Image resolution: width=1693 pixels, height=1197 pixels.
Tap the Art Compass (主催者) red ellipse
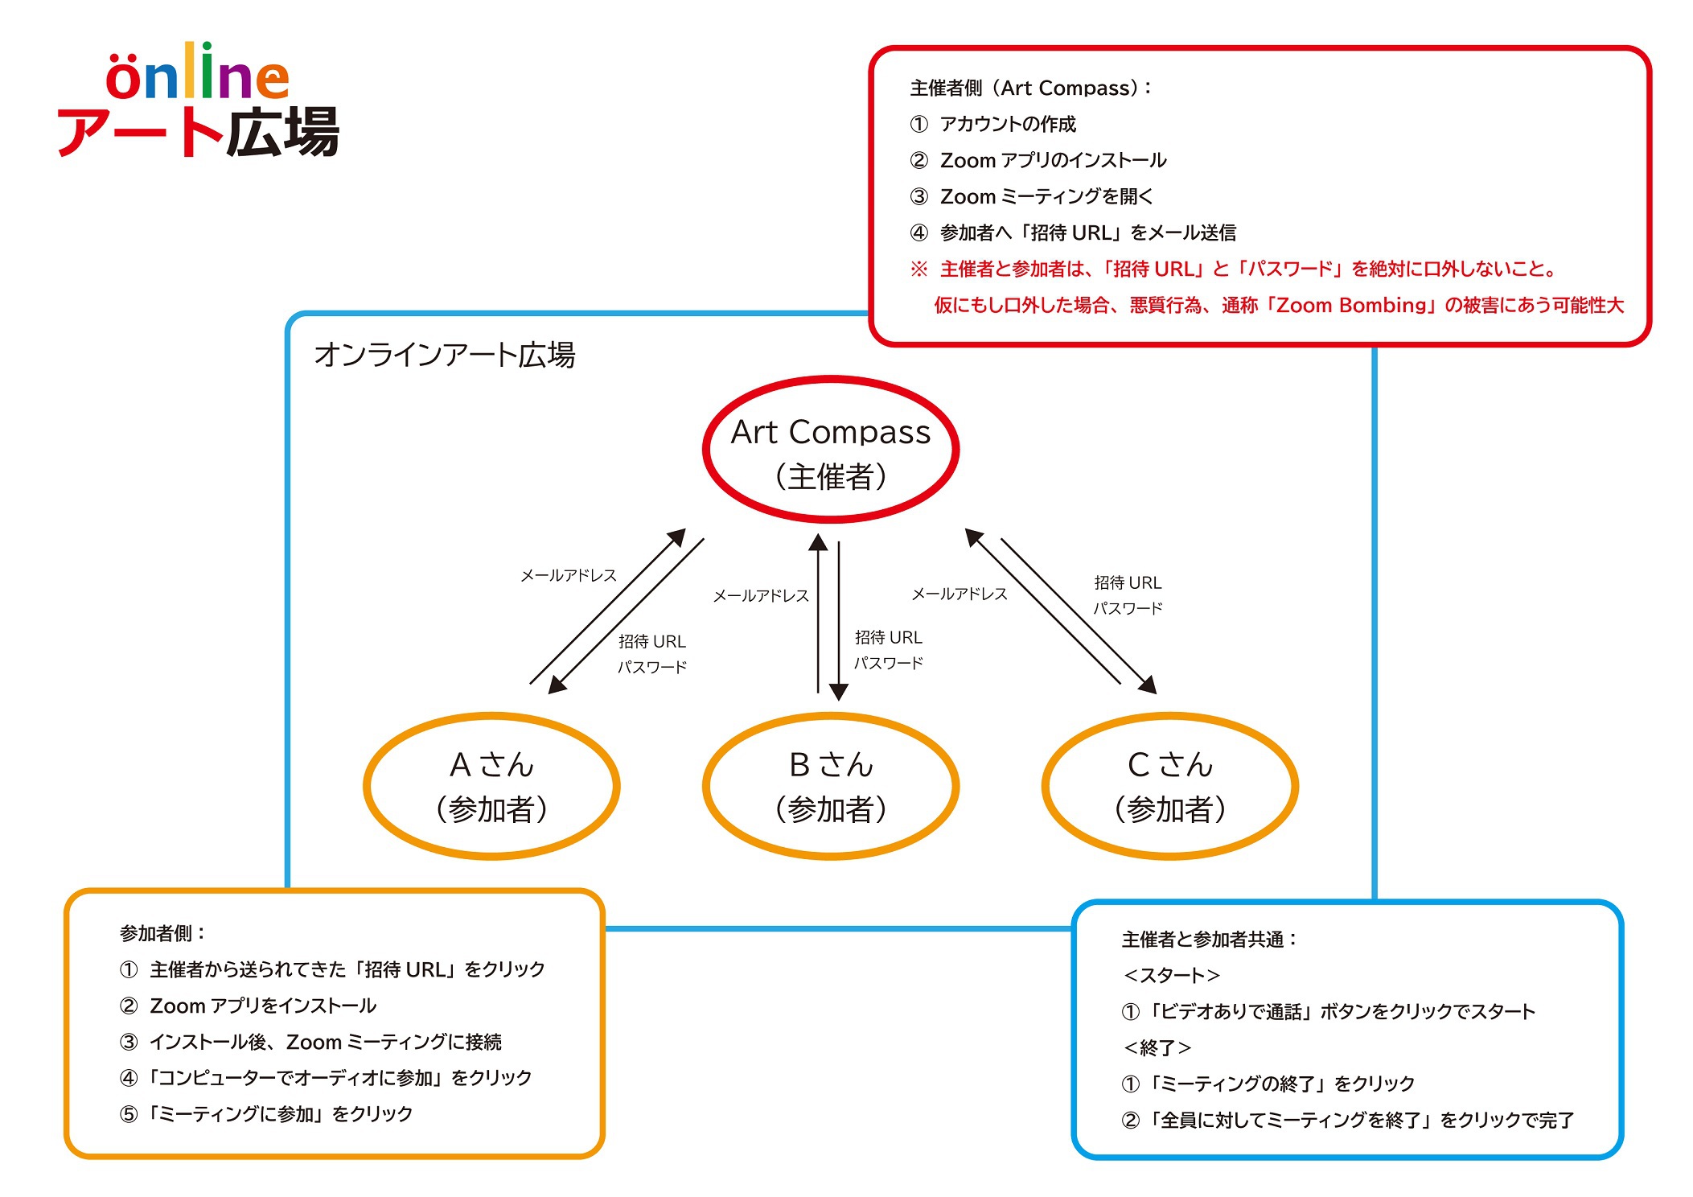pyautogui.click(x=831, y=380)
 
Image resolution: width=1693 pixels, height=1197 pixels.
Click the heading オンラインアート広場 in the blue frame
pyautogui.click(x=445, y=355)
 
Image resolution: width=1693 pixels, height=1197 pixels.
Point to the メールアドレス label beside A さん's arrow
pyautogui.click(x=569, y=575)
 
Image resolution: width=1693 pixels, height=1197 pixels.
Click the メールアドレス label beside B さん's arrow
pyautogui.click(x=761, y=595)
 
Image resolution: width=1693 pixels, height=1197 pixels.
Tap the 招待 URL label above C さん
pyautogui.click(x=1128, y=582)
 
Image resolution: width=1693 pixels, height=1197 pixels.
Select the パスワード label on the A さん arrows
pyautogui.click(x=652, y=667)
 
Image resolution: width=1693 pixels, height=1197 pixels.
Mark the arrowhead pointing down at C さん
pyautogui.click(x=1147, y=684)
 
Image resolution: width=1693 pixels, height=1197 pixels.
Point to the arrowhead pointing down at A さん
pyautogui.click(x=557, y=683)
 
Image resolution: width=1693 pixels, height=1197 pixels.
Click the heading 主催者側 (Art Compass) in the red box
pyautogui.click(x=1031, y=88)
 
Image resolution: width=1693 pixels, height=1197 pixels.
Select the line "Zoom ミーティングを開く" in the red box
pyautogui.click(x=1046, y=196)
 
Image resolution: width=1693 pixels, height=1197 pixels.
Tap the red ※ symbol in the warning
pyautogui.click(x=918, y=269)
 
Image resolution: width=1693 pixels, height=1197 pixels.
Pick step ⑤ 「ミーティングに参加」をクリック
pyautogui.click(x=266, y=1113)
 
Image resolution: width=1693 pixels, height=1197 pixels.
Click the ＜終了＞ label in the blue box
pyautogui.click(x=1157, y=1047)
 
